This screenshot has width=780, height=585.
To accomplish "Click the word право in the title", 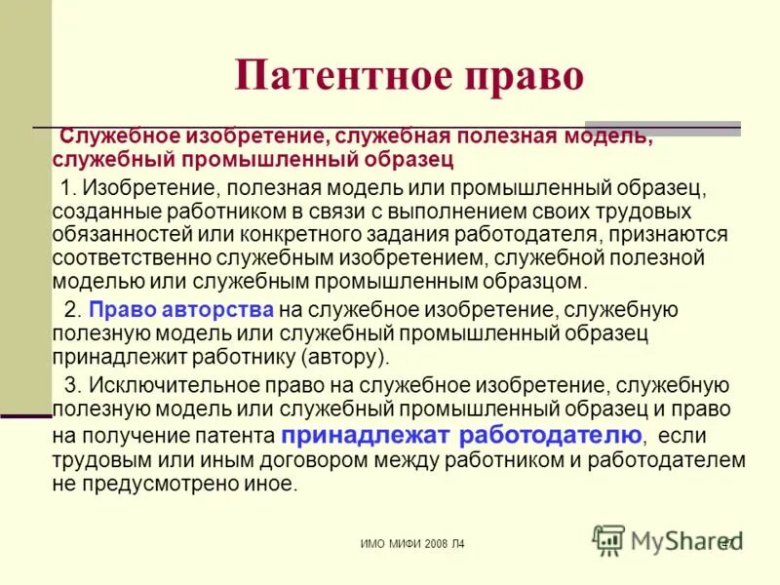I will (x=526, y=77).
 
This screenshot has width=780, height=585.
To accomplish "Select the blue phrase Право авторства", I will (x=181, y=310).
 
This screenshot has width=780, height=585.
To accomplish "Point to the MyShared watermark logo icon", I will (x=609, y=539).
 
